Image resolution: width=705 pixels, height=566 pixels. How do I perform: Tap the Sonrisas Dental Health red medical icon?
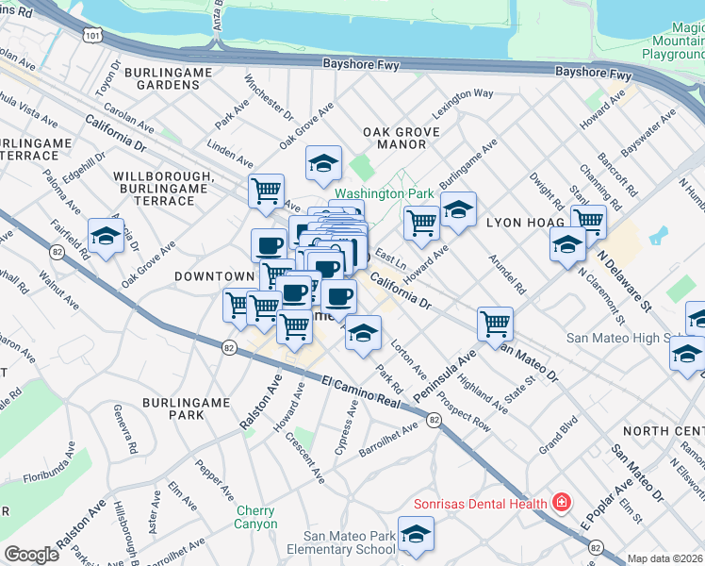(562, 501)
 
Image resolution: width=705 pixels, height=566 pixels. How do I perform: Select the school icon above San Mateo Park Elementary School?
(416, 534)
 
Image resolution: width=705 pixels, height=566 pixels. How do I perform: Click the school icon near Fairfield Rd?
(106, 237)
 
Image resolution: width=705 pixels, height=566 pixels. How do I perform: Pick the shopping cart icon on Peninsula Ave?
(495, 325)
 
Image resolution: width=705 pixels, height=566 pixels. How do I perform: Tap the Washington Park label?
(384, 193)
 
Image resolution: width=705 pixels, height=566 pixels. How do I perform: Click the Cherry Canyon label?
(256, 517)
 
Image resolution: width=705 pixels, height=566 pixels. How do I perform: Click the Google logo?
(31, 555)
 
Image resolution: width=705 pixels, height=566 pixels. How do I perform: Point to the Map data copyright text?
(665, 558)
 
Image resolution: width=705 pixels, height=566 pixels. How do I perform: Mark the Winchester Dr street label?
(268, 95)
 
